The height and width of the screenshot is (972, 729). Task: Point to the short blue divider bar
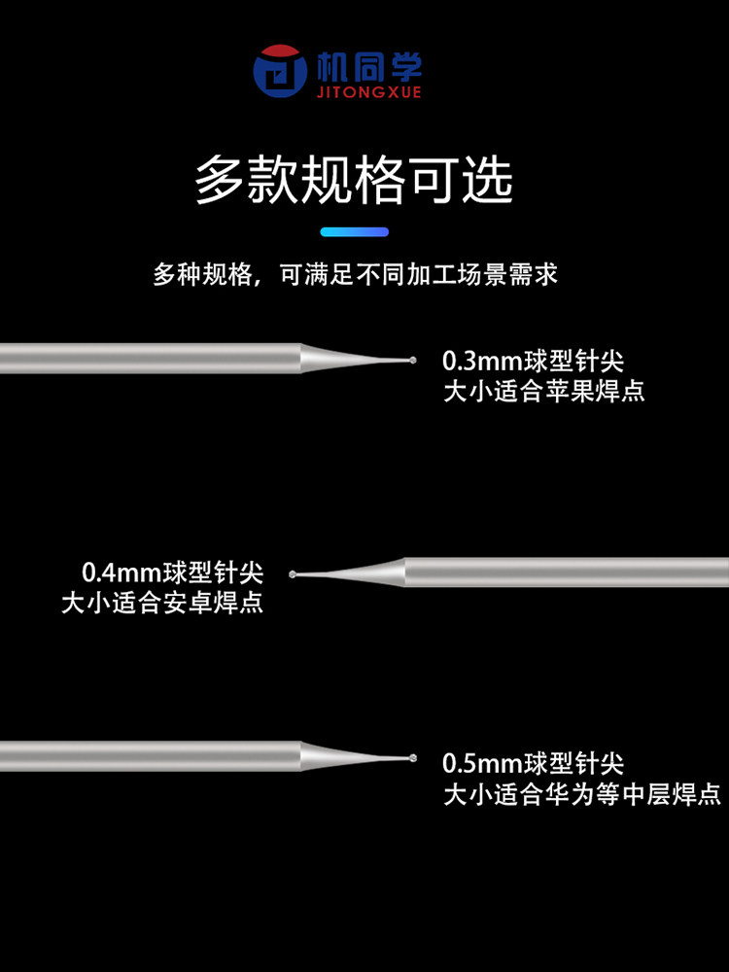coord(354,232)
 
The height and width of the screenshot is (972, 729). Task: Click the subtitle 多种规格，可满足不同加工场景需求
coord(355,274)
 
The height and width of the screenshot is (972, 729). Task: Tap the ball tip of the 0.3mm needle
coord(414,361)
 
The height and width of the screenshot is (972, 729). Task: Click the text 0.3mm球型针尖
coord(533,362)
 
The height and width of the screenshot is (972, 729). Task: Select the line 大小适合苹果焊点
coord(543,392)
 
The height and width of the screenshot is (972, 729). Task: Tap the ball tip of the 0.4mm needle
coord(294,573)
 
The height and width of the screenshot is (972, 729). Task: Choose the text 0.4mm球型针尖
coord(173,572)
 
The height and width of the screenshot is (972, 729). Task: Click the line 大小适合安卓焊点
coord(162,603)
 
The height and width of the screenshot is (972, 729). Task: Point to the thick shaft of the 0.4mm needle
coord(564,572)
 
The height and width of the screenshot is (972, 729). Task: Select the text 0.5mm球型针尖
coord(533,763)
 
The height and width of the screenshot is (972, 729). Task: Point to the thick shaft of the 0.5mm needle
coord(146,756)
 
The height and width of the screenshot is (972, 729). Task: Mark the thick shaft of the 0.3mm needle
coord(146,359)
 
